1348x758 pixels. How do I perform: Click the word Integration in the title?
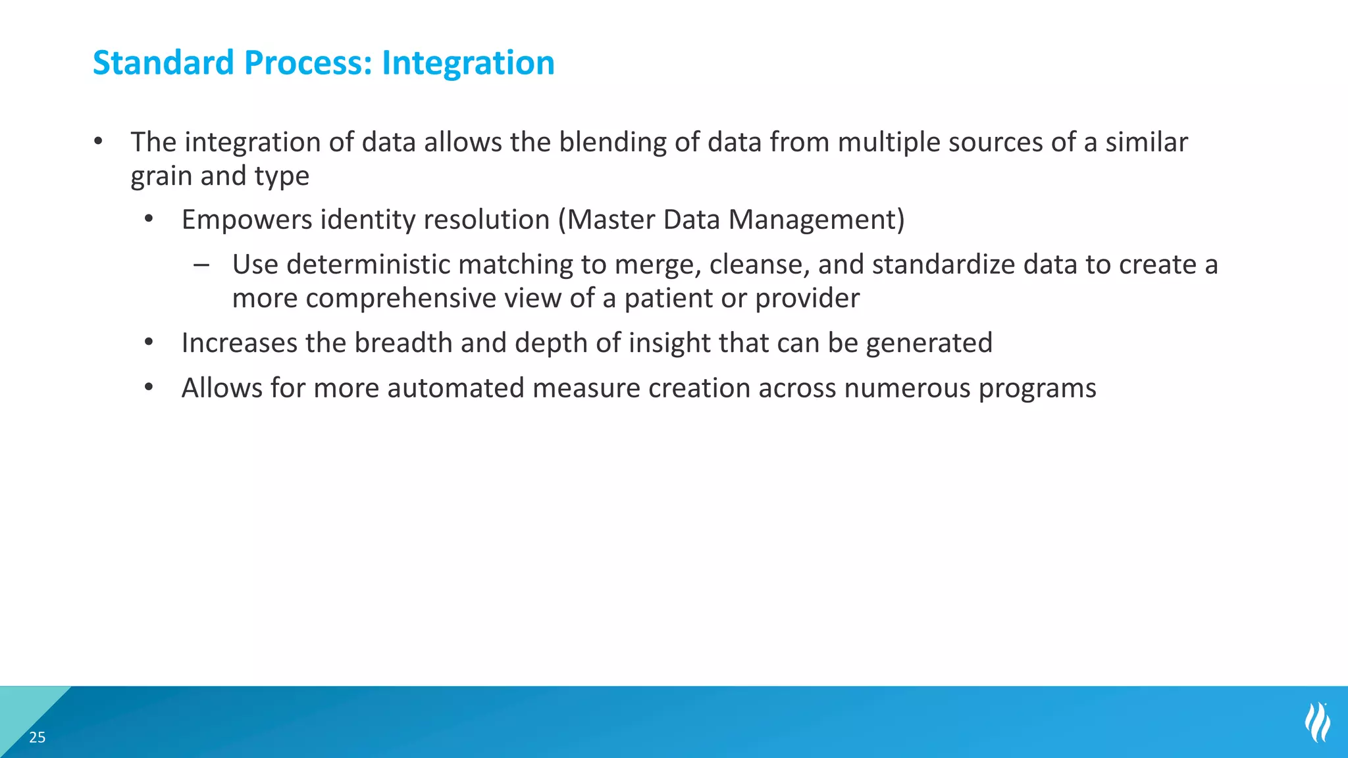tap(468, 63)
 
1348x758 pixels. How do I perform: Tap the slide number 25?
tap(38, 738)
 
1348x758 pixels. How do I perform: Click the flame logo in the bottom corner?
tap(1317, 722)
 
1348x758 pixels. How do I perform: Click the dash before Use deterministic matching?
tap(201, 265)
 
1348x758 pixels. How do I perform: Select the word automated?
tap(455, 388)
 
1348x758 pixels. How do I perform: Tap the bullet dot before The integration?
tap(98, 142)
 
